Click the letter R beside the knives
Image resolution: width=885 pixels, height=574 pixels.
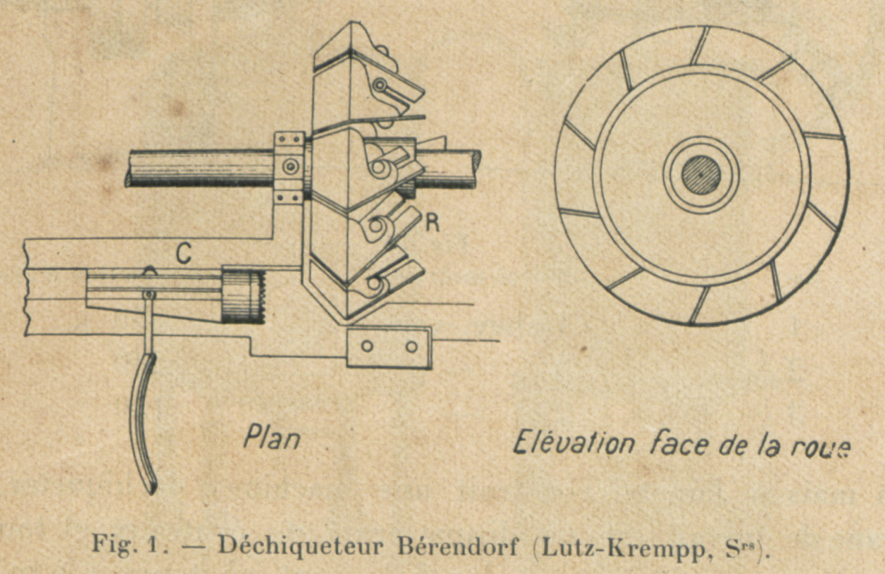[x=432, y=223]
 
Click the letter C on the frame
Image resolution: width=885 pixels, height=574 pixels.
[x=184, y=254]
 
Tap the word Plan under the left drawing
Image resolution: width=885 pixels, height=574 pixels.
[x=272, y=437]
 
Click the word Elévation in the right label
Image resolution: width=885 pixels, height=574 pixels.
[x=573, y=443]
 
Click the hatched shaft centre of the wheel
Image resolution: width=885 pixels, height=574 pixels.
[x=701, y=175]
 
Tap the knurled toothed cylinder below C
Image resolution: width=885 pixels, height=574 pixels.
[x=243, y=297]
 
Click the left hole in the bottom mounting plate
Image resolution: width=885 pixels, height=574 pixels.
[x=367, y=346]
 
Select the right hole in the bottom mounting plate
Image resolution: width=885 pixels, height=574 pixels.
[x=411, y=347]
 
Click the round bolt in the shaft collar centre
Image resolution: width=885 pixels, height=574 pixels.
[x=291, y=166]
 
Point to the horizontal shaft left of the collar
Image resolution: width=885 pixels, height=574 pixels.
[x=200, y=167]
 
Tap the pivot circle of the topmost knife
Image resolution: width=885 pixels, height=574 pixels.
[x=380, y=85]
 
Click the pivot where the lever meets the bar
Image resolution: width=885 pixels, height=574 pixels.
[x=149, y=294]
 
